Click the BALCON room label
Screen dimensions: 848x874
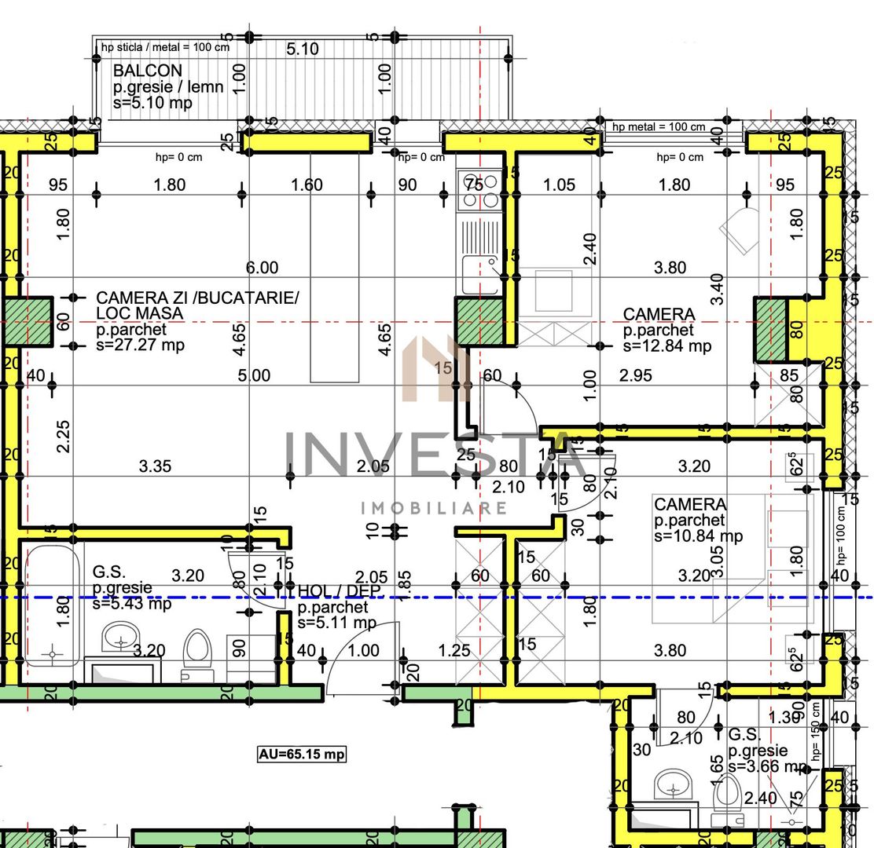tap(147, 71)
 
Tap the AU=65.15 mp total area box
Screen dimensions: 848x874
tap(302, 755)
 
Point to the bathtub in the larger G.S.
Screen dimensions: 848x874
tap(52, 605)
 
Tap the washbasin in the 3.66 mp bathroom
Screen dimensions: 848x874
tap(674, 784)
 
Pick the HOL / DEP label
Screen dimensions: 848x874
tap(332, 590)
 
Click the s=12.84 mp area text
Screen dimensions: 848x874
tap(667, 345)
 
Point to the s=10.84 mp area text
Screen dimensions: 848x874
tap(698, 536)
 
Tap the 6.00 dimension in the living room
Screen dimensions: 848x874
tap(262, 268)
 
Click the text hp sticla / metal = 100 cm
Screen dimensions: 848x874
tap(165, 47)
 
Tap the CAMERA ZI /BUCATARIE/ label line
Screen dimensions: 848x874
tap(197, 298)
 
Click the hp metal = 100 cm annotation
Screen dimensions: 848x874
tap(658, 126)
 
